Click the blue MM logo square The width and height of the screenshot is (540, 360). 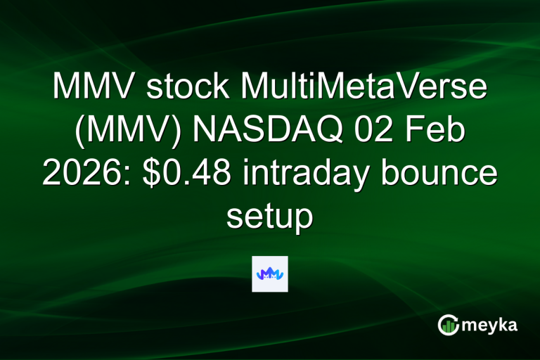coord(269,274)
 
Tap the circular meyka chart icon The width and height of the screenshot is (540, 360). coord(448,325)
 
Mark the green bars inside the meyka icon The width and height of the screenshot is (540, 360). coord(448,326)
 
